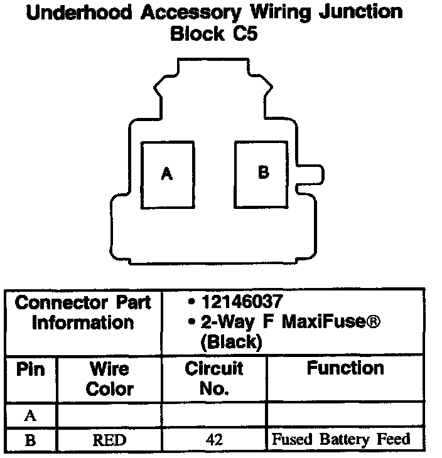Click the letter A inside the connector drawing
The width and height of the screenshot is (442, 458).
tap(166, 174)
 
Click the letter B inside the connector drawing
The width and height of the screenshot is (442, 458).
tap(263, 172)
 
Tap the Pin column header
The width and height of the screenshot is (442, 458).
tap(30, 370)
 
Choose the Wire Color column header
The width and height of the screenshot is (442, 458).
tap(109, 378)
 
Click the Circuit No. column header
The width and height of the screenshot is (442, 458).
tap(214, 378)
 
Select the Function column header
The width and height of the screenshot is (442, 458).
tap(345, 368)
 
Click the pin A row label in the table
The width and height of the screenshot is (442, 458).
tap(30, 415)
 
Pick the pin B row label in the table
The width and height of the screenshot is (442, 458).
tap(30, 440)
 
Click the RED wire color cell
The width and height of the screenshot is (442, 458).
tap(109, 440)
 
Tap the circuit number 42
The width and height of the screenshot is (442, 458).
tap(214, 440)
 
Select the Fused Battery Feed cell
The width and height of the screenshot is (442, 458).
tap(340, 439)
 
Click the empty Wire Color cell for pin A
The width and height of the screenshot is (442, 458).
tap(109, 415)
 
